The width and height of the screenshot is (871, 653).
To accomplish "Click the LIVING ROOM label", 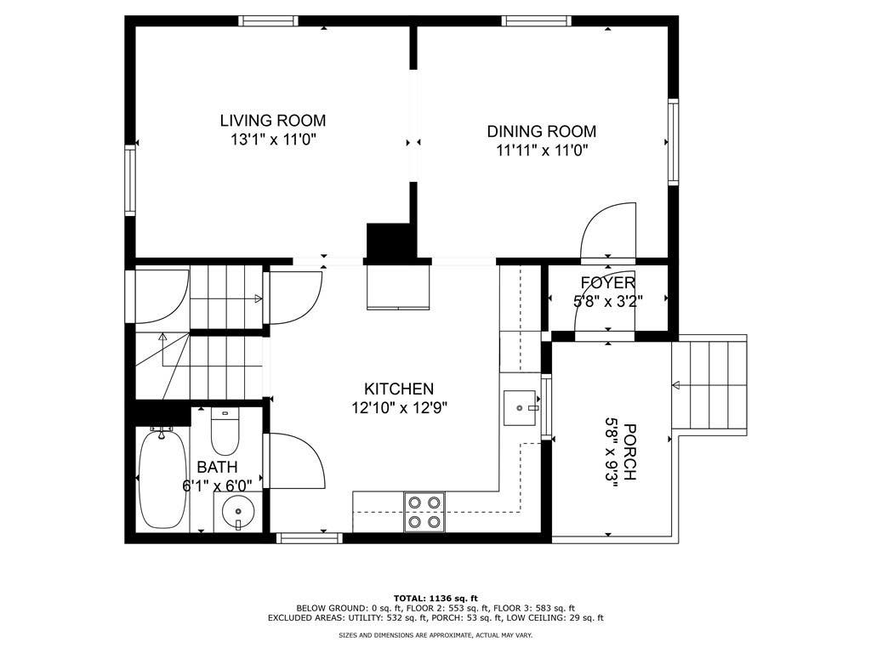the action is (x=273, y=121).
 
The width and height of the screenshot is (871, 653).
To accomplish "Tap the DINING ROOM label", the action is (x=542, y=132).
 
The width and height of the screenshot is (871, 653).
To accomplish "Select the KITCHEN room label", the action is (x=399, y=389).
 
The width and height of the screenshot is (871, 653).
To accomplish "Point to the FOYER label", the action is (x=608, y=282).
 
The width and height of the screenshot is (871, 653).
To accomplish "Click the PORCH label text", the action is (x=630, y=452).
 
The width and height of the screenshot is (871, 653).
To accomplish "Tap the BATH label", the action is (x=217, y=467).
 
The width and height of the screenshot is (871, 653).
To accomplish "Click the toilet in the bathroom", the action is (x=225, y=431).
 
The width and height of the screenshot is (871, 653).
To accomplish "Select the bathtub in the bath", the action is (x=162, y=478).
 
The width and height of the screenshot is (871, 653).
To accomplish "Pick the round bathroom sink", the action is (x=238, y=511).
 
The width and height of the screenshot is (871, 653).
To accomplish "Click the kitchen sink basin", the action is (x=520, y=408).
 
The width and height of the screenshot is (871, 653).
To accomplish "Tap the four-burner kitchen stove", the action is (x=424, y=512).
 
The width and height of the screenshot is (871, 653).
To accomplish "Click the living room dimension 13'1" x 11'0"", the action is (x=273, y=139).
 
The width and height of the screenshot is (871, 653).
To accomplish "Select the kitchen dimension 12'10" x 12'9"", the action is (x=400, y=408).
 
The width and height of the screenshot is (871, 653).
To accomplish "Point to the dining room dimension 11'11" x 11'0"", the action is (x=542, y=150).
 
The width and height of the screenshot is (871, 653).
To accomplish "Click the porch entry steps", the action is (x=709, y=385).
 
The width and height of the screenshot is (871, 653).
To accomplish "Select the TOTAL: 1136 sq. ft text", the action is (x=435, y=598).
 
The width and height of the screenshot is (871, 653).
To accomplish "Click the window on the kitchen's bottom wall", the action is (x=309, y=537).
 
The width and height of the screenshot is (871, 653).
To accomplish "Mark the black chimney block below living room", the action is (x=390, y=241).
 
